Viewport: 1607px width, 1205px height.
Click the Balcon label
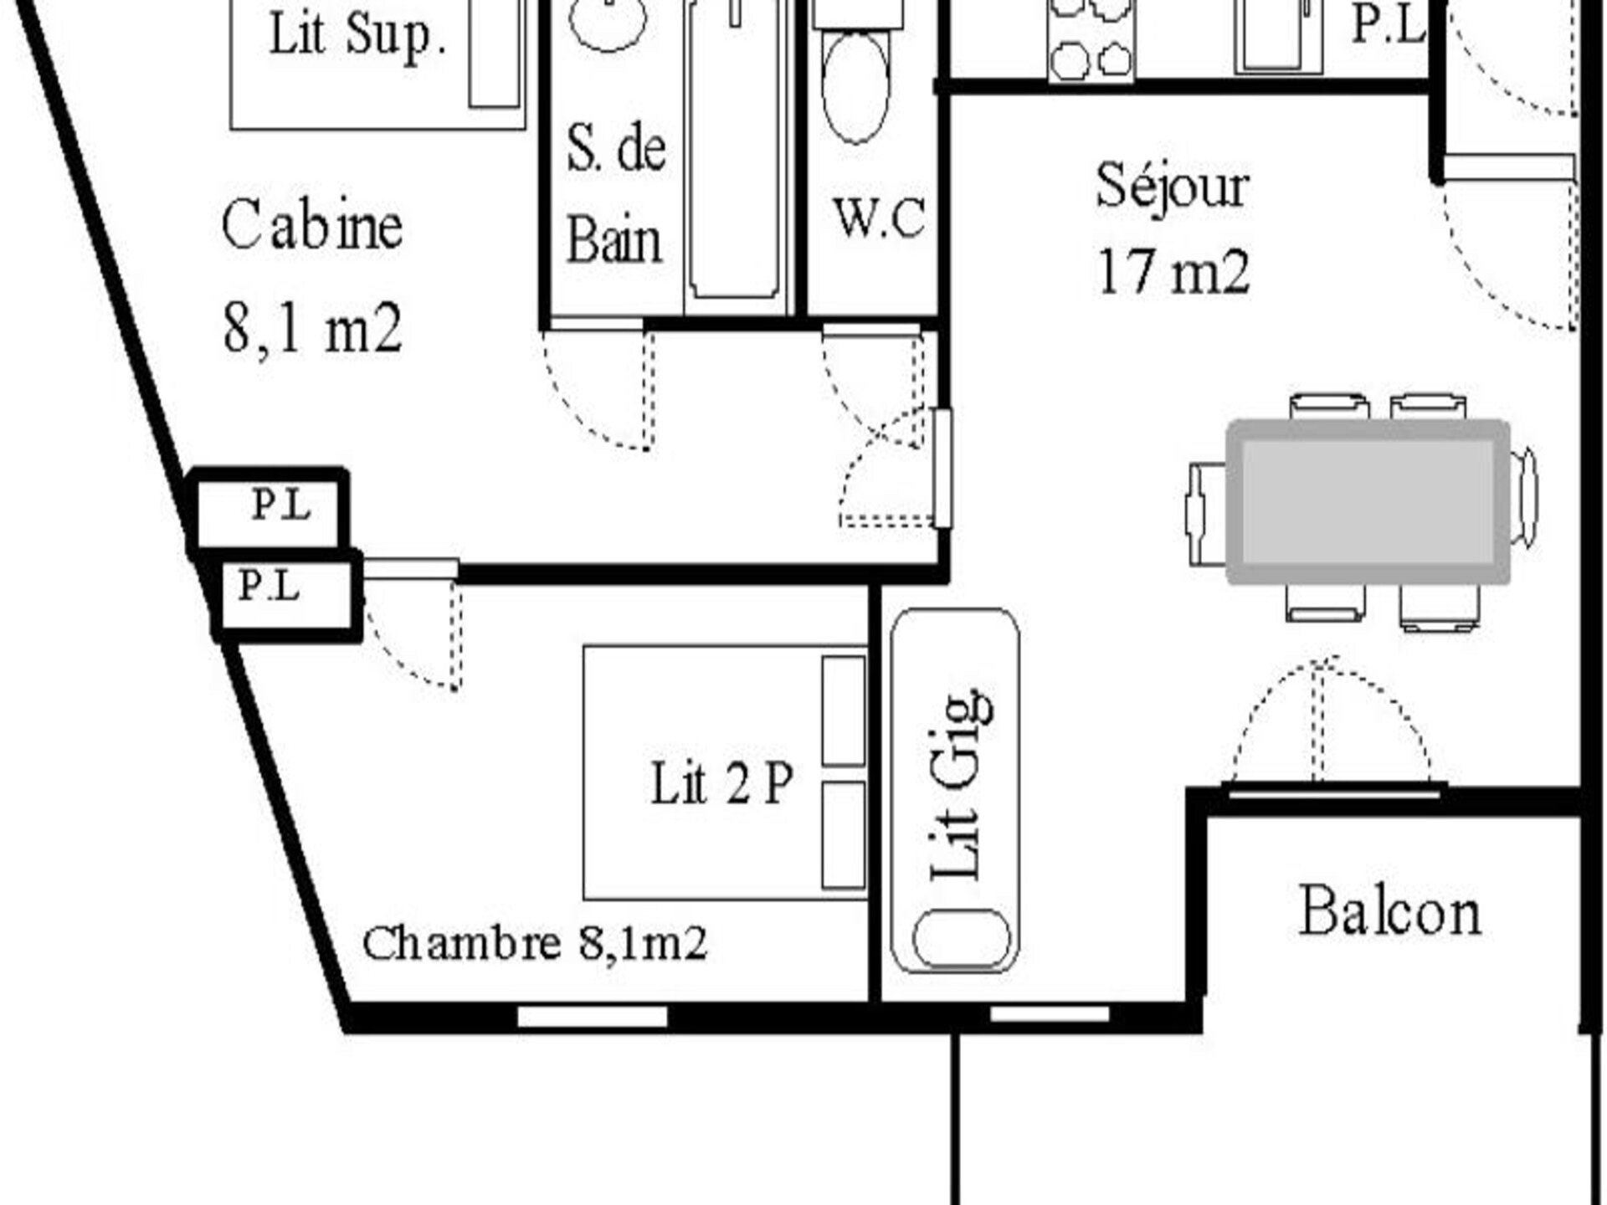[x=1390, y=911]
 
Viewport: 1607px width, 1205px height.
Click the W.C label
[x=880, y=218]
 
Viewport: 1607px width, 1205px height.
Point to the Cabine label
[x=311, y=225]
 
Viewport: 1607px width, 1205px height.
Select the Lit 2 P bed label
[x=721, y=783]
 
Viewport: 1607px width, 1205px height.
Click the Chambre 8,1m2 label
[x=535, y=943]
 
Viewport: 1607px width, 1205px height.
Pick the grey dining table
[x=1368, y=502]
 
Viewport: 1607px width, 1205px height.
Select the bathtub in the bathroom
[x=734, y=151]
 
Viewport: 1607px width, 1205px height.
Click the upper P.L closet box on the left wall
[x=268, y=509]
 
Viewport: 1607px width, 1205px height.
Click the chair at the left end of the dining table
[x=1206, y=513]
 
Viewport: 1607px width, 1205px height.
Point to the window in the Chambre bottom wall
[x=593, y=1017]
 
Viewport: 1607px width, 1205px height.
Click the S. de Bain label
[x=616, y=193]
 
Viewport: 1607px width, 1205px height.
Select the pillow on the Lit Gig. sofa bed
[x=962, y=938]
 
